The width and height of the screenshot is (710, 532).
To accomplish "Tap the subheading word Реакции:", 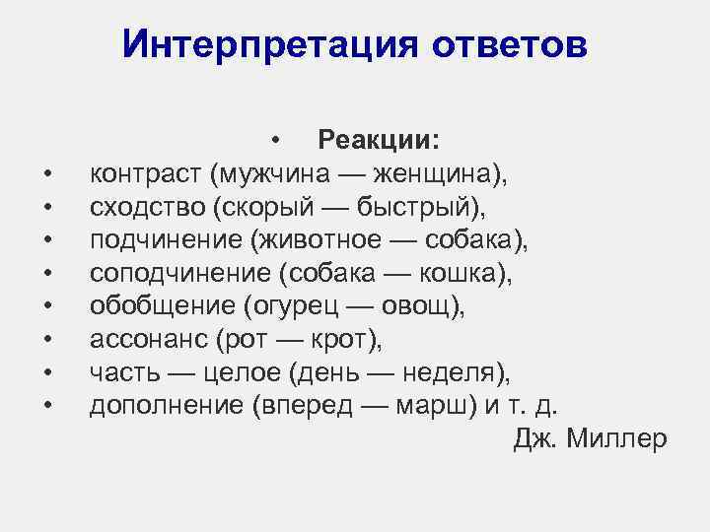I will click(380, 140).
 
